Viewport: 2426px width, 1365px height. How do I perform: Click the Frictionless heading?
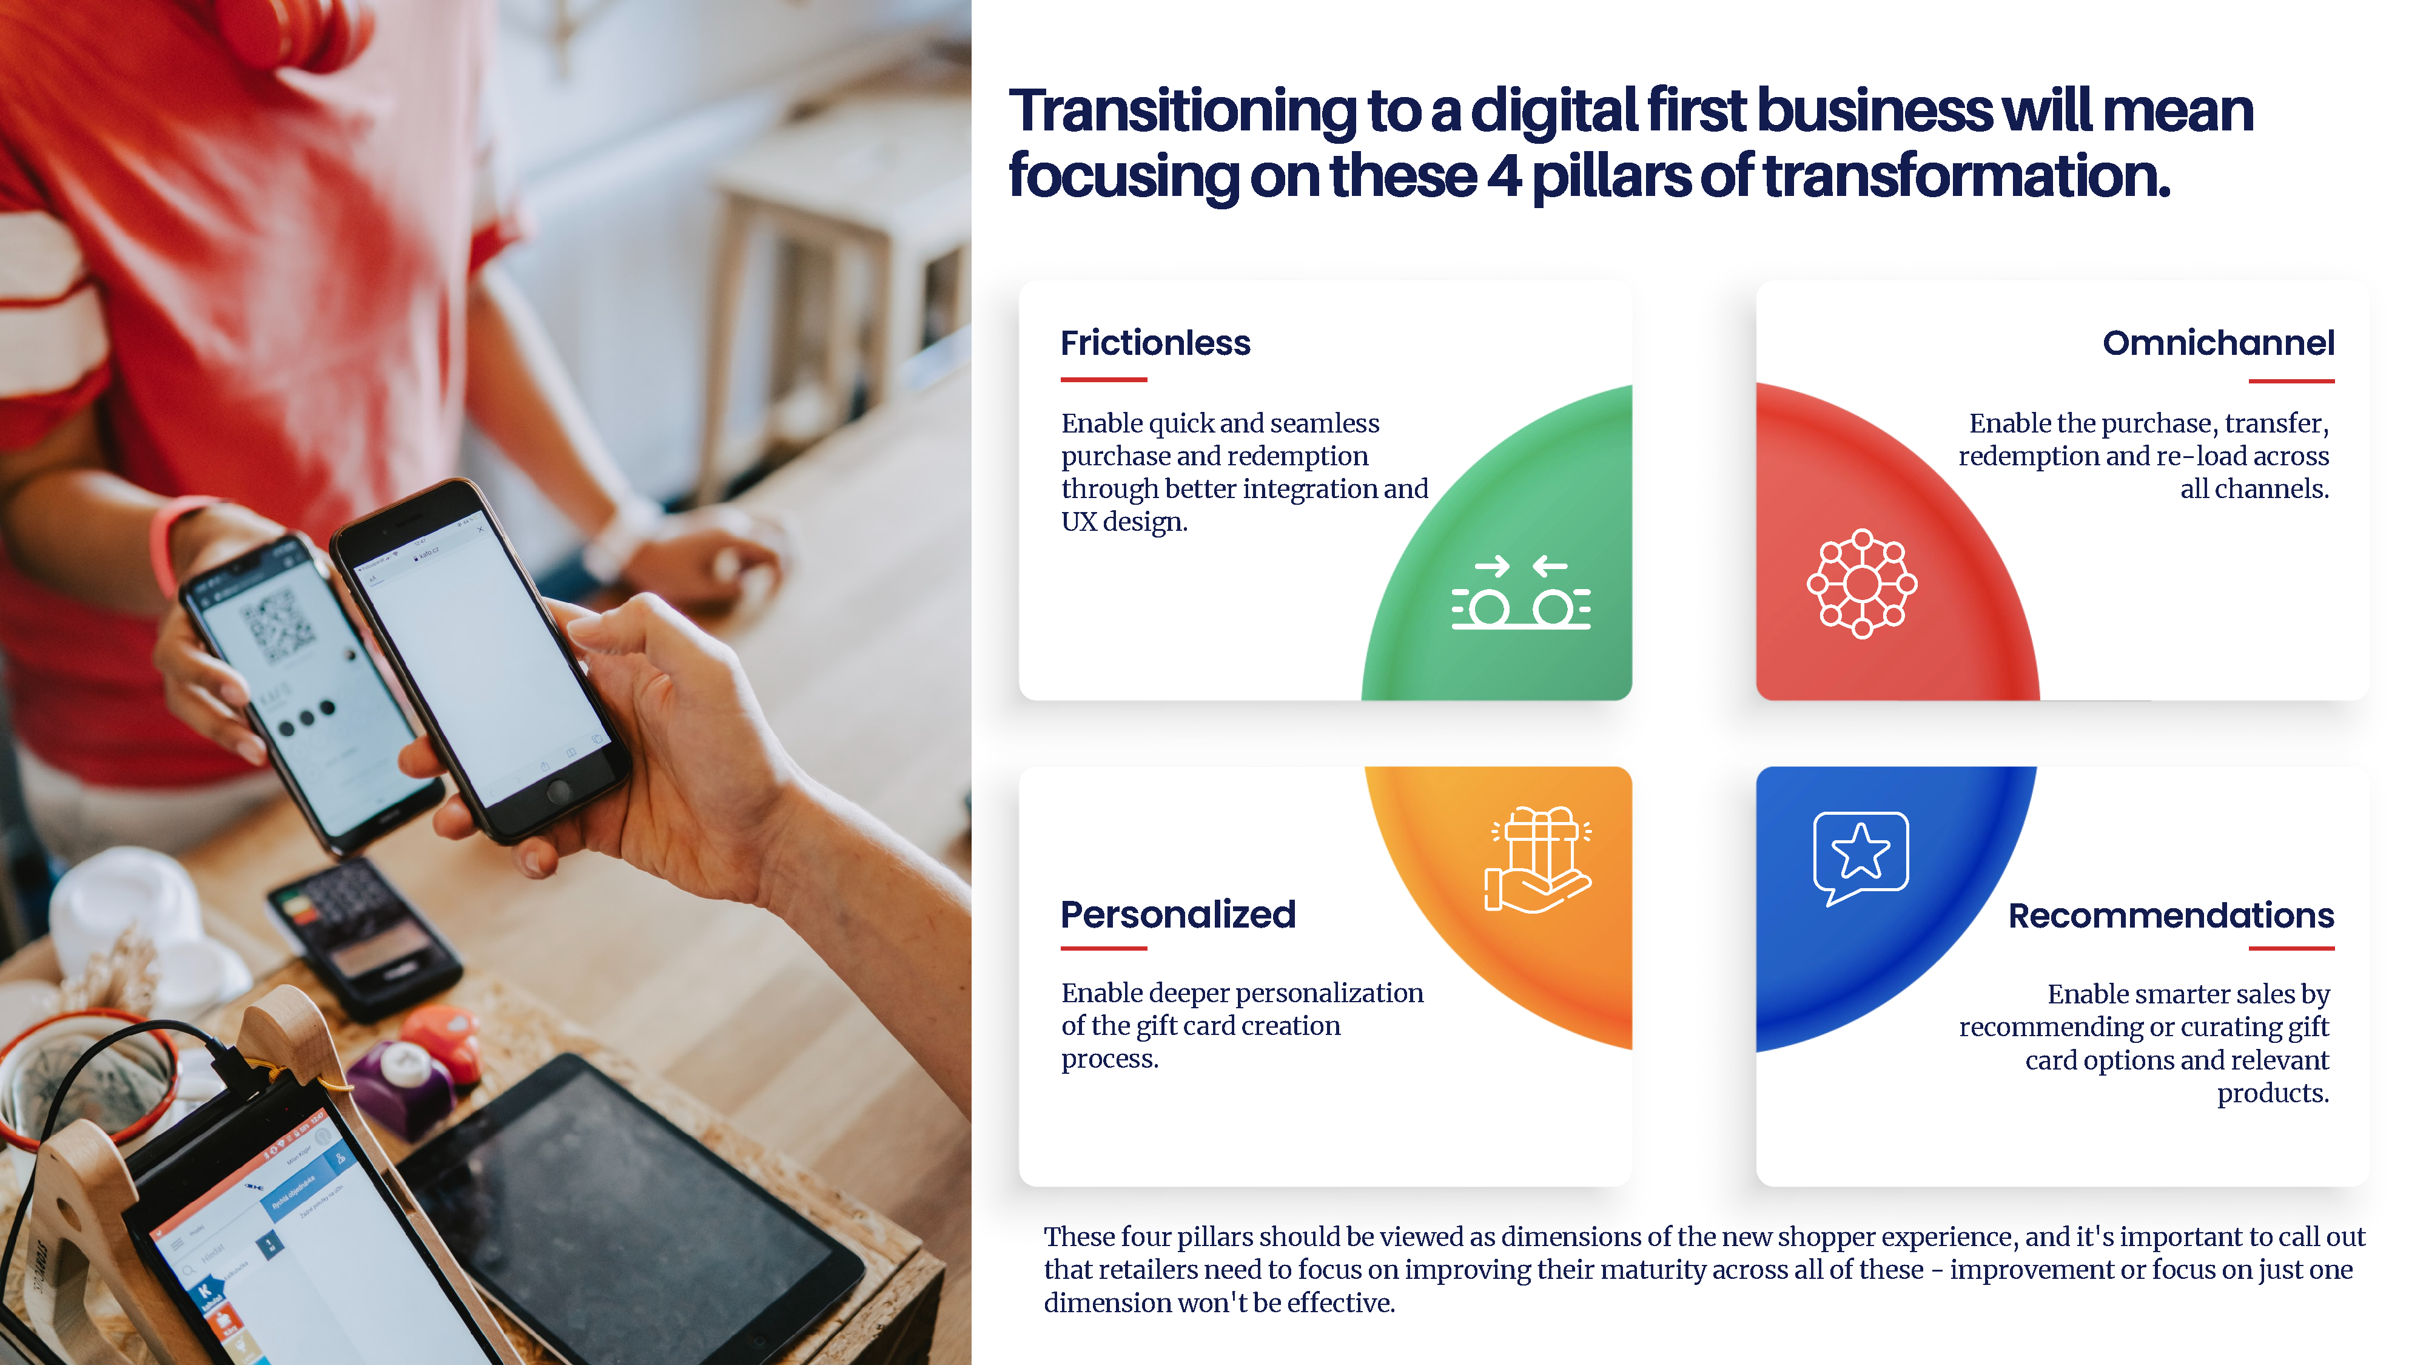click(x=1155, y=343)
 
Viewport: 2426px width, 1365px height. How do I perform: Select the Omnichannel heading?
click(x=2218, y=343)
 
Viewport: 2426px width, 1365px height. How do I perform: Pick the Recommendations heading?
click(x=2171, y=915)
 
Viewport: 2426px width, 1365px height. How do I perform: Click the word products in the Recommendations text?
click(x=2273, y=1094)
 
